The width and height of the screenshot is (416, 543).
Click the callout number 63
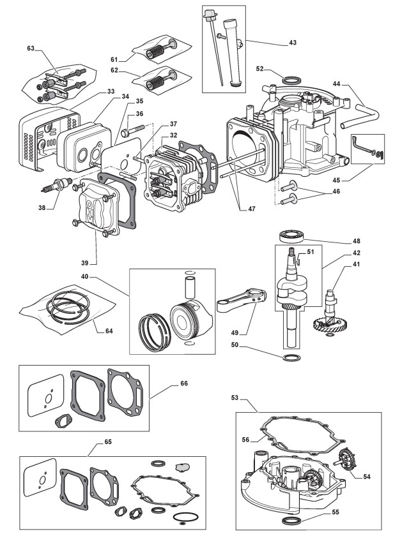click(x=30, y=48)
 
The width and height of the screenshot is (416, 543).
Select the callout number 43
click(x=292, y=43)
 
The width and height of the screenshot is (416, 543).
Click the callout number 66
click(x=183, y=383)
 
